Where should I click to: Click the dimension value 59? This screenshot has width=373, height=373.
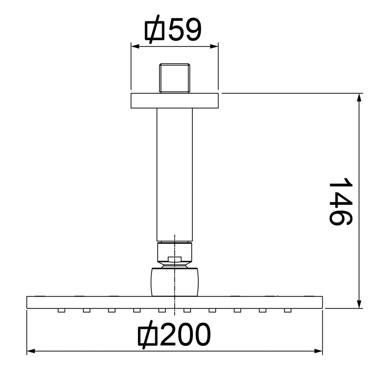pyautogui.click(x=185, y=30)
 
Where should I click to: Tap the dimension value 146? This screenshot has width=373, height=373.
pyautogui.click(x=340, y=202)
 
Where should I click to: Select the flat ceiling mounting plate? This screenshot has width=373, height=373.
pyautogui.click(x=174, y=101)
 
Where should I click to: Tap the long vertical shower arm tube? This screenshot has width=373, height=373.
pyautogui.click(x=175, y=175)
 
